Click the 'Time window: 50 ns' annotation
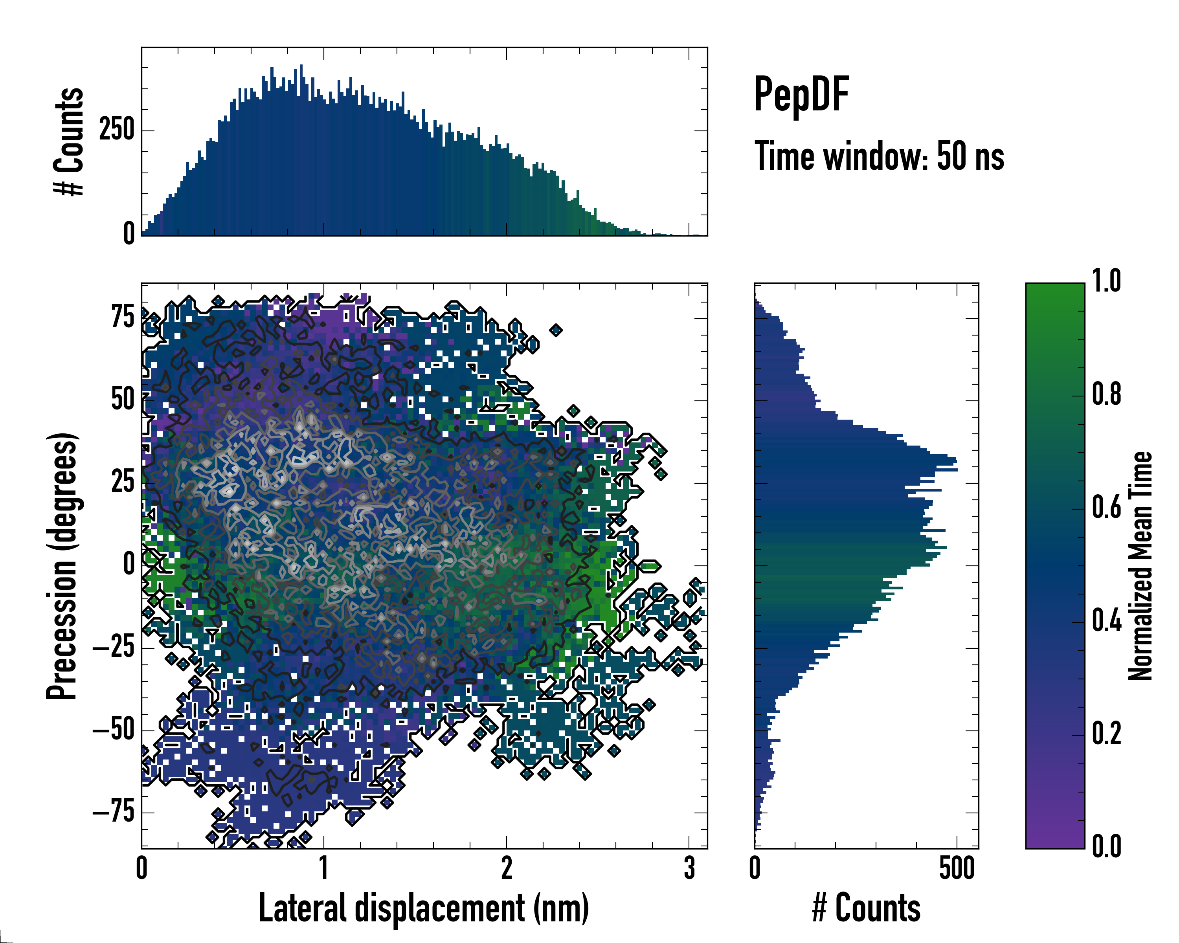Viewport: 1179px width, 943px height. (x=879, y=156)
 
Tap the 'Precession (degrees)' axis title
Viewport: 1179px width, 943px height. (x=62, y=566)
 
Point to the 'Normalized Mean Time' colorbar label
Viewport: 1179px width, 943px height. (x=1140, y=566)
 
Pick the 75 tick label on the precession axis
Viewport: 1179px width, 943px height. (x=123, y=317)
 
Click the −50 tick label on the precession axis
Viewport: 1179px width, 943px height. (x=114, y=729)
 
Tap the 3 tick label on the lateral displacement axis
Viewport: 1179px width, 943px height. (x=689, y=868)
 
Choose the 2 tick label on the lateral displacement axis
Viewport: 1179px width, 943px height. (x=506, y=868)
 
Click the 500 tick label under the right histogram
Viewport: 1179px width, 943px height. (x=957, y=868)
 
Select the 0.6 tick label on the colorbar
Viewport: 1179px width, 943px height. (x=1106, y=507)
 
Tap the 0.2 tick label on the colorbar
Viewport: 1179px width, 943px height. (x=1106, y=733)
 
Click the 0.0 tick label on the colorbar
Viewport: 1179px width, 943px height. (x=1106, y=846)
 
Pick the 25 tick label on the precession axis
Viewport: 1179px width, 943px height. (x=123, y=482)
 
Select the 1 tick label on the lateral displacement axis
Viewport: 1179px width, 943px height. (x=324, y=868)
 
